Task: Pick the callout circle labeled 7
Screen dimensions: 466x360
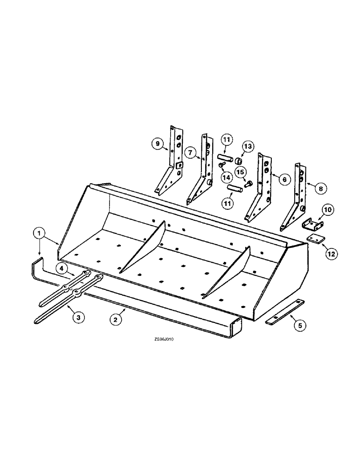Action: [x=190, y=153]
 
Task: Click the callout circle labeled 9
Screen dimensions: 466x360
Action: [x=158, y=145]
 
